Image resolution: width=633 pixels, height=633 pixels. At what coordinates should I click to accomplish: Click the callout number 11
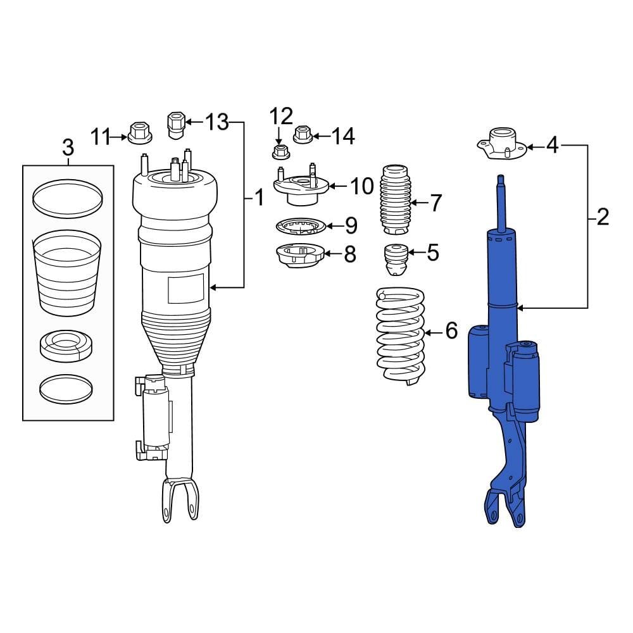coord(100,135)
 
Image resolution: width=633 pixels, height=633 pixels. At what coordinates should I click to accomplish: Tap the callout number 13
coord(216,122)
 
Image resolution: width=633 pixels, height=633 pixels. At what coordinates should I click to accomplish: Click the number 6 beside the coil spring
coord(451,330)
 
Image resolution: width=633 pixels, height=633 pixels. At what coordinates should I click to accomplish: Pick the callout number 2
coord(602,218)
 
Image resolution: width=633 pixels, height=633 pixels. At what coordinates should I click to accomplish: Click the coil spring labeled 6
coord(400,335)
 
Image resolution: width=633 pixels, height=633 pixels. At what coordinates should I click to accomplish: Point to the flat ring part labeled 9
coord(299,225)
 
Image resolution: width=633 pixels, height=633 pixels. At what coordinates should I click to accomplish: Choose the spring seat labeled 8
coord(300,256)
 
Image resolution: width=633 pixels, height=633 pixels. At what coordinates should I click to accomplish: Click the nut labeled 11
coord(137,133)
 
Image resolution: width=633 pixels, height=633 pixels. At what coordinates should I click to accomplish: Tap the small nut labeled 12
coord(278,152)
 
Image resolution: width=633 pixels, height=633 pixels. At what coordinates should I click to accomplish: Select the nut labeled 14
coord(302,134)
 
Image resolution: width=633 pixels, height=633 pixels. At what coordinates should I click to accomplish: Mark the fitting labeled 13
coord(175,123)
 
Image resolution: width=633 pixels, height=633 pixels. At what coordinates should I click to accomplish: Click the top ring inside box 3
coord(68,196)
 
